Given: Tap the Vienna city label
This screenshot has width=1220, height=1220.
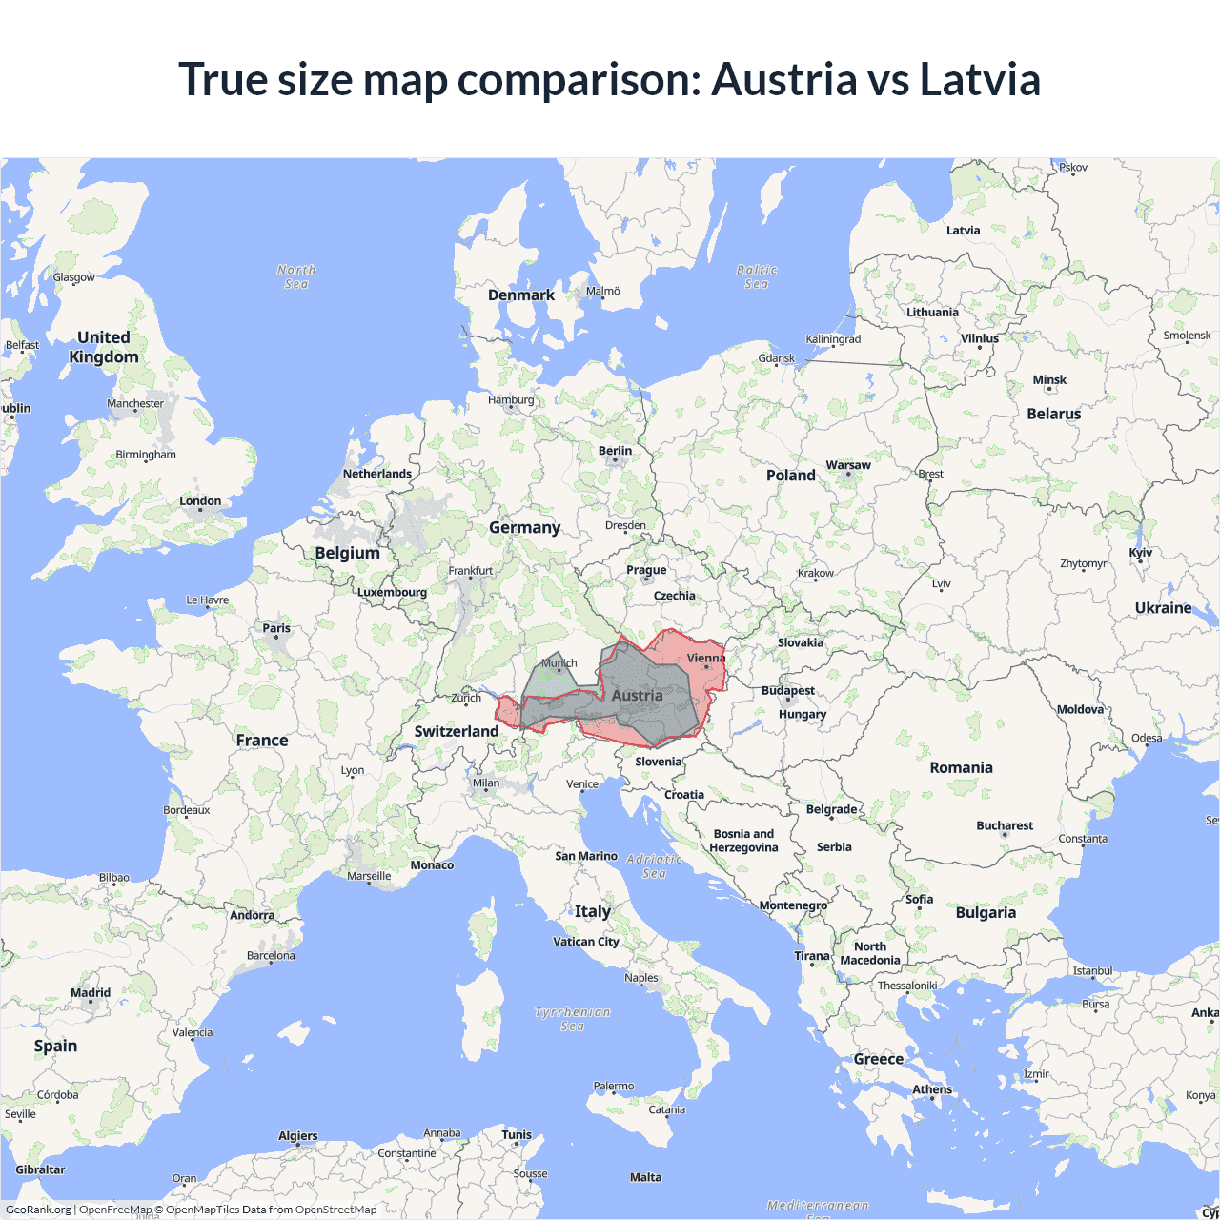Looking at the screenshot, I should pos(705,658).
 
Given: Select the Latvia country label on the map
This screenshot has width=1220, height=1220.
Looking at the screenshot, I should pos(963,231).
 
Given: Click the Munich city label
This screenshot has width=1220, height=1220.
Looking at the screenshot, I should pos(559,663).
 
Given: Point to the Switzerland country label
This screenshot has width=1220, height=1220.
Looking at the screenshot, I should pos(456,731).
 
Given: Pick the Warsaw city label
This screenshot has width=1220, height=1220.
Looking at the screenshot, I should pos(847,465).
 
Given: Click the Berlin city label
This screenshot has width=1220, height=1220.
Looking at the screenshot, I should pos(615,451).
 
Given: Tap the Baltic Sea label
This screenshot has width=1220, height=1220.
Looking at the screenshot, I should pos(757,276).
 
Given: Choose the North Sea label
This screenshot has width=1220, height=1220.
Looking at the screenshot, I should pos(296,276).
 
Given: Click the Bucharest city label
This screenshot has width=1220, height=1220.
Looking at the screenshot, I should pos(1005,825).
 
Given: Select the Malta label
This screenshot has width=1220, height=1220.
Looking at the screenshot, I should pos(645,1177).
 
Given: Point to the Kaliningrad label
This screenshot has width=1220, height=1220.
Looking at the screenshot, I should pos(833,339).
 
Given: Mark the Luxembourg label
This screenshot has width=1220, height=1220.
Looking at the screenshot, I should pos(392,592).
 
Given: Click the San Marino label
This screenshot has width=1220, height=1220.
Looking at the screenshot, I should pos(586,856).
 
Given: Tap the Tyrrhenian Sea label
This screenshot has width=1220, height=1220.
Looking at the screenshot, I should pos(572,1018).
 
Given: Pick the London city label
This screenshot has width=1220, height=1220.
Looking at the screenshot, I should pos(200,501).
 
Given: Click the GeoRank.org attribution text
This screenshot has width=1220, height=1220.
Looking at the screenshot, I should pos(38,1210).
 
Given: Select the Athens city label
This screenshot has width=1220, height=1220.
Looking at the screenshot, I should pos(932,1089).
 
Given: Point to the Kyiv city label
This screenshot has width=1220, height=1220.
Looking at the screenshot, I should pos(1140,553).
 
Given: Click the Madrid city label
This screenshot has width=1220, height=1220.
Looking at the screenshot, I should pos(91,993).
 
